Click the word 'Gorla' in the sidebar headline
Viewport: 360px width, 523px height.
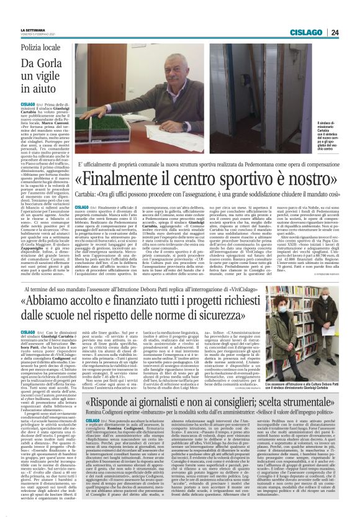click(x=58, y=63)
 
